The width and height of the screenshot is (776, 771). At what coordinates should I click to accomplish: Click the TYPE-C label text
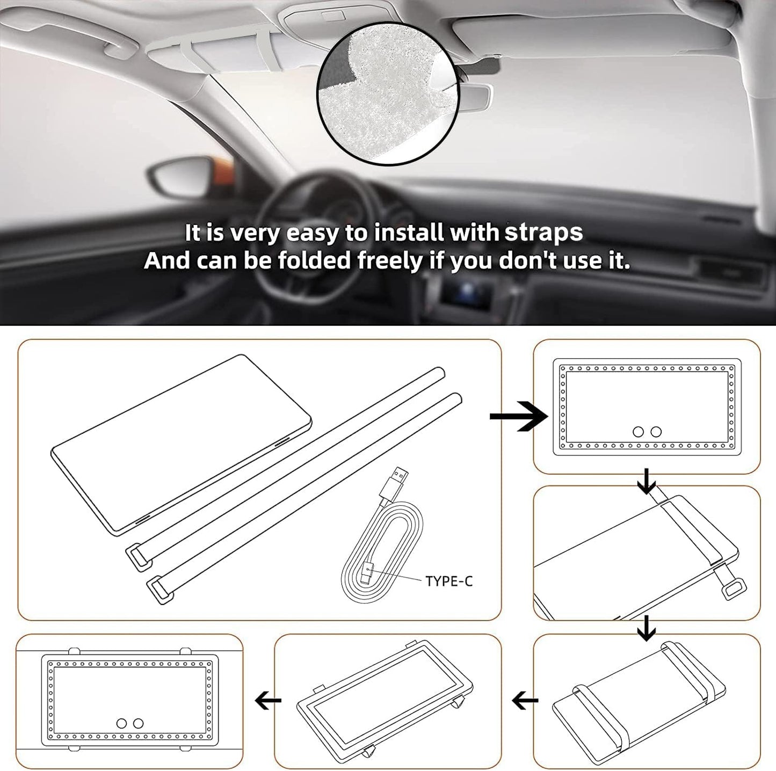[449, 581]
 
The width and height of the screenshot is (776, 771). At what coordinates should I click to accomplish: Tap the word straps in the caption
[544, 232]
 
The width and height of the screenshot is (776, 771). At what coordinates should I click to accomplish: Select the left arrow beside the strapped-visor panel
[525, 700]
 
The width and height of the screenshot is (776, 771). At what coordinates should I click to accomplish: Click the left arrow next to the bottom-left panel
[267, 700]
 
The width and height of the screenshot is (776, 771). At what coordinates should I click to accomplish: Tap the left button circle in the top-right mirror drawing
[639, 432]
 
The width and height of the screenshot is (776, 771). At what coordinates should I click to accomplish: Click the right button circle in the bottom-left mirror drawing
[139, 723]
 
